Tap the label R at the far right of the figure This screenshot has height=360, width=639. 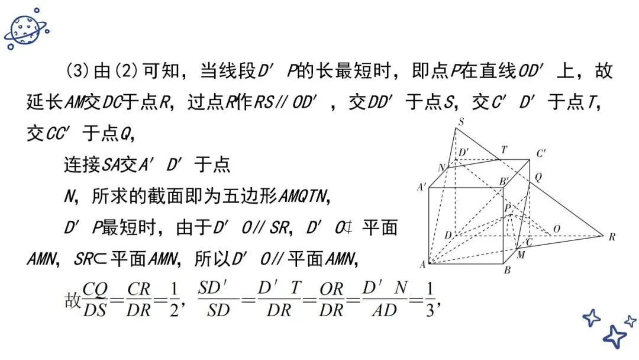[612, 237]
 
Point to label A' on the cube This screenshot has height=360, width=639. [422, 187]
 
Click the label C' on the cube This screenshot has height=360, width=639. [541, 153]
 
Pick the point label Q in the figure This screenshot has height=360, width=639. [538, 176]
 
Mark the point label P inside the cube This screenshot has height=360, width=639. [507, 207]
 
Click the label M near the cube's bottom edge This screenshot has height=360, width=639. [521, 255]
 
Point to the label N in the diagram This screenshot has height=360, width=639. [441, 168]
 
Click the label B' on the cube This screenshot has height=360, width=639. [505, 181]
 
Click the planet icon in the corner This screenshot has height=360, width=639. [25, 28]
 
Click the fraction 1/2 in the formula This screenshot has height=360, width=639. [173, 298]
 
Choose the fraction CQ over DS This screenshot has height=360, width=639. [95, 298]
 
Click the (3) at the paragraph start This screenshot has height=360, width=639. [77, 72]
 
